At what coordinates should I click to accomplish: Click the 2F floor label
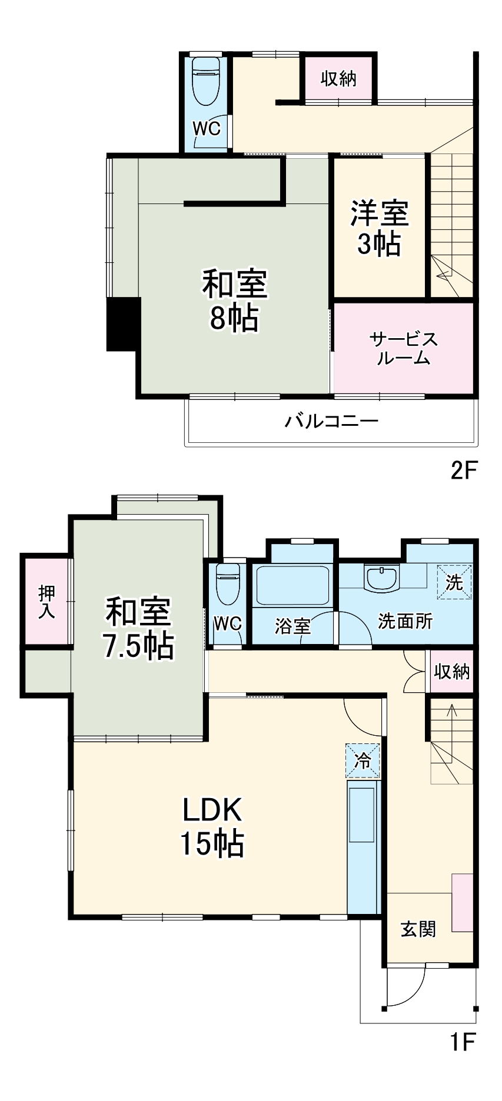coord(463,470)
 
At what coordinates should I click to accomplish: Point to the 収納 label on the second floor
coord(338,78)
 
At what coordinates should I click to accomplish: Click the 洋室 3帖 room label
coord(380,228)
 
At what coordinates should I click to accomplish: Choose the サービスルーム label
coord(404,348)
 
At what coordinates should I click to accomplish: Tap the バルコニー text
coord(331,421)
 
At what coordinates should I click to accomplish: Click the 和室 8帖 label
coord(234,301)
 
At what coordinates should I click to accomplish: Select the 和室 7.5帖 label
coord(138,628)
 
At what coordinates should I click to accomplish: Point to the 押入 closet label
coord(46,602)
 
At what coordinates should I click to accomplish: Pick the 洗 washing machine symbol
coord(454,582)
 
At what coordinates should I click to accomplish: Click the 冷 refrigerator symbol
coord(363,760)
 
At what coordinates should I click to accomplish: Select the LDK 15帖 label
coord(212,826)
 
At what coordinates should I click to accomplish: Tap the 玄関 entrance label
coord(418,929)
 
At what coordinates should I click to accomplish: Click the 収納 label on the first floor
coord(451,671)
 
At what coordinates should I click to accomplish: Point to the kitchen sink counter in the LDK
coord(362,847)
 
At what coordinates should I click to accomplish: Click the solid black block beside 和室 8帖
coord(123,323)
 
